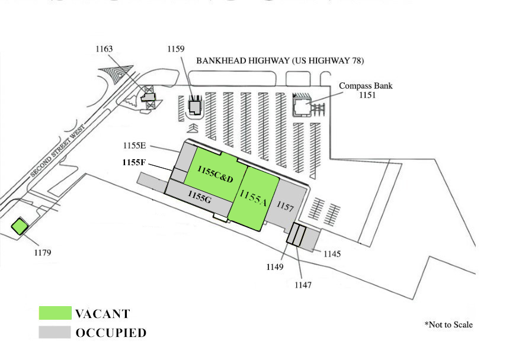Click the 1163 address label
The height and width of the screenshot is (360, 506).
tap(104, 49)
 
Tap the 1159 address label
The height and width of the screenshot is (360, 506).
tap(176, 49)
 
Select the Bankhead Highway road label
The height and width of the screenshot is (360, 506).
tap(280, 60)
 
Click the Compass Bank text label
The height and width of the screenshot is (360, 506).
tap(366, 86)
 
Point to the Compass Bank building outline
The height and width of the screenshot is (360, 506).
tap(302, 107)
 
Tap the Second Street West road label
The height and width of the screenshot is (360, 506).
tap(57, 152)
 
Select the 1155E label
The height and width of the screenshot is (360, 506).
tap(134, 146)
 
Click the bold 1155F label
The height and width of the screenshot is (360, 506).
tap(134, 162)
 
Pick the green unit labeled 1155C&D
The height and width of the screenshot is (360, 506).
tap(215, 174)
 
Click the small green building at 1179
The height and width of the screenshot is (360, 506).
tap(20, 226)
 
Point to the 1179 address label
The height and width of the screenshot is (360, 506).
tap(43, 252)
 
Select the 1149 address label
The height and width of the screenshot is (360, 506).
tap(275, 267)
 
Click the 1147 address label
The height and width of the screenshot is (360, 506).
tap(303, 285)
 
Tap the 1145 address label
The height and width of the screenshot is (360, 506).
tap(332, 254)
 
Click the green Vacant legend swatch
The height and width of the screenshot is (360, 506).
tap(55, 313)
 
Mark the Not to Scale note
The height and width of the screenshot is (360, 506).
tap(449, 324)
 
